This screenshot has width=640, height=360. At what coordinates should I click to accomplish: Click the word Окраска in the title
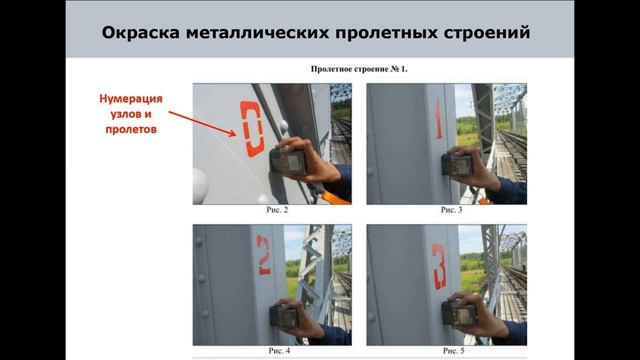(144, 34)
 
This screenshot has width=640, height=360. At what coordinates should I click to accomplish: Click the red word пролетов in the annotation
(130, 129)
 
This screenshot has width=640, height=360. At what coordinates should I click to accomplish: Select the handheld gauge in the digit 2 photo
(286, 317)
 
